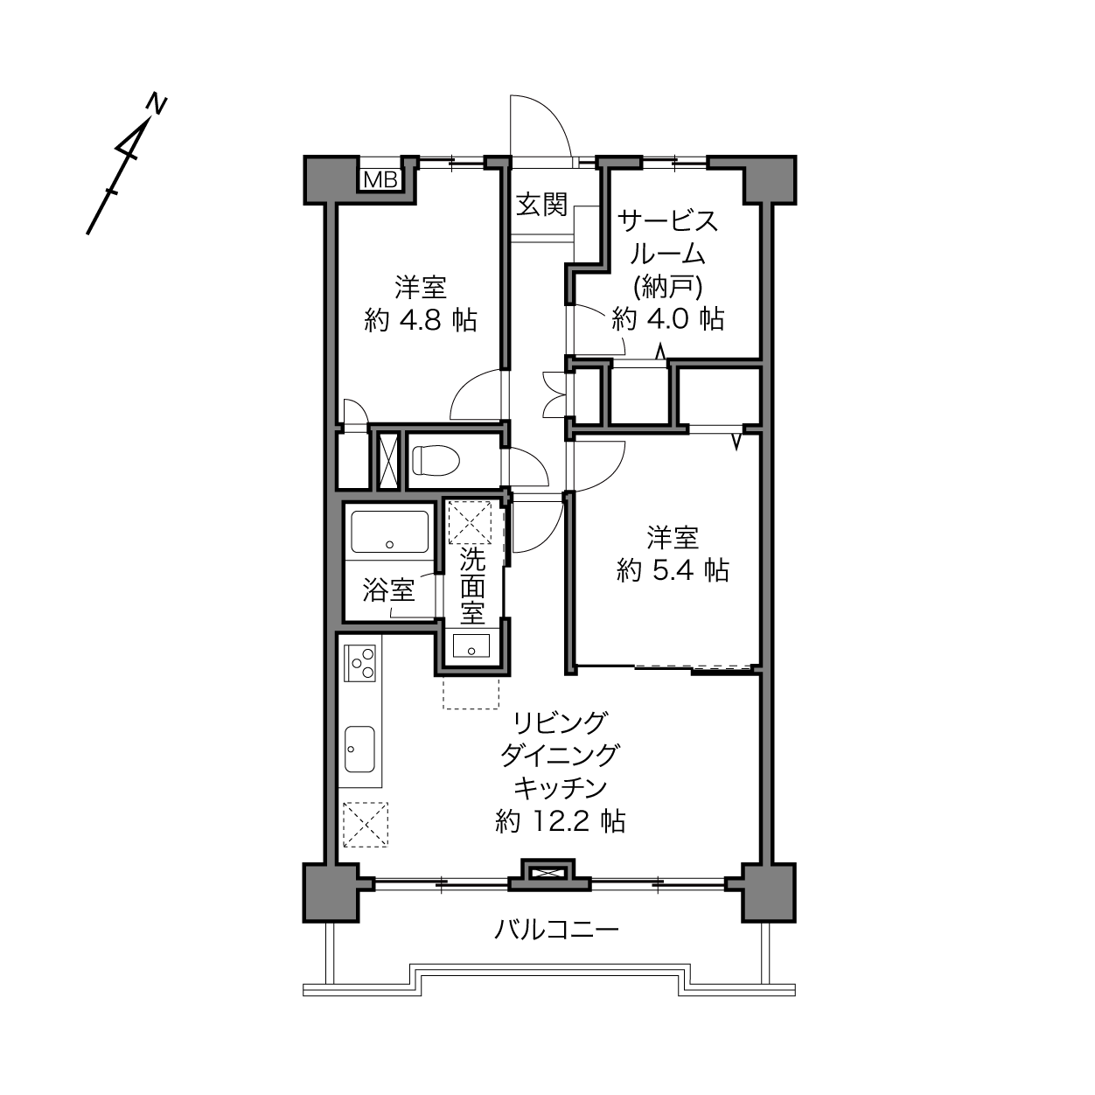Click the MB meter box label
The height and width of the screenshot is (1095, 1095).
pyautogui.click(x=380, y=180)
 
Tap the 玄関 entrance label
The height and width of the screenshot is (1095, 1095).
pyautogui.click(x=541, y=205)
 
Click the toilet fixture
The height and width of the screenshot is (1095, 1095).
pyautogui.click(x=436, y=460)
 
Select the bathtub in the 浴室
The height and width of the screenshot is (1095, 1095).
pyautogui.click(x=390, y=531)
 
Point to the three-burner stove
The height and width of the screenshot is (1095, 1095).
pyautogui.click(x=359, y=663)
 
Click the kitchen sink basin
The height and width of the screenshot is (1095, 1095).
pyautogui.click(x=359, y=749)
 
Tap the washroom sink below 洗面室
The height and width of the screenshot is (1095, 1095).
pyautogui.click(x=471, y=645)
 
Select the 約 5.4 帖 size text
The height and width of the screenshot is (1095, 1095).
pyautogui.click(x=673, y=570)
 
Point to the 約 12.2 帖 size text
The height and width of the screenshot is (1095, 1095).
pyautogui.click(x=561, y=821)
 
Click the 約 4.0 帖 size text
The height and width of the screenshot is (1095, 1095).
pyautogui.click(x=667, y=318)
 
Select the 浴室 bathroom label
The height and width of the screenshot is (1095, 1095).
pyautogui.click(x=388, y=591)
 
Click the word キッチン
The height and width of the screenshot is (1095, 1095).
pyautogui.click(x=561, y=788)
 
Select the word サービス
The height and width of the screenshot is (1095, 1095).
pyautogui.click(x=667, y=220)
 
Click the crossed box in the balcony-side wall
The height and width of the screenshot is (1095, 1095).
pyautogui.click(x=547, y=872)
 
